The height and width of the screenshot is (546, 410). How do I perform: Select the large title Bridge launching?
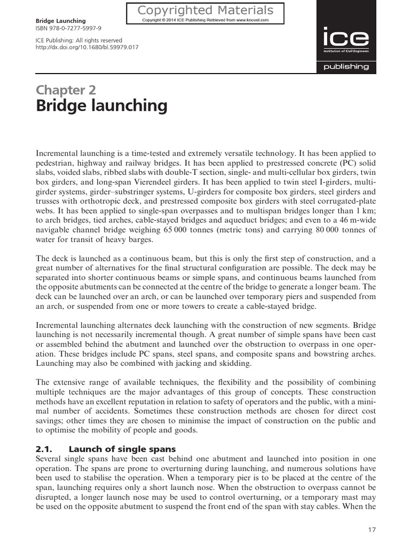point(101,106)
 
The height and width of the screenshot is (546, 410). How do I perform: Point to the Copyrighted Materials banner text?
point(206,10)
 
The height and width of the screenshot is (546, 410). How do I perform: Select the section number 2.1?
point(44,449)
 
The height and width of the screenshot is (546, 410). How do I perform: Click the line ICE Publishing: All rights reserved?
point(79,41)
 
